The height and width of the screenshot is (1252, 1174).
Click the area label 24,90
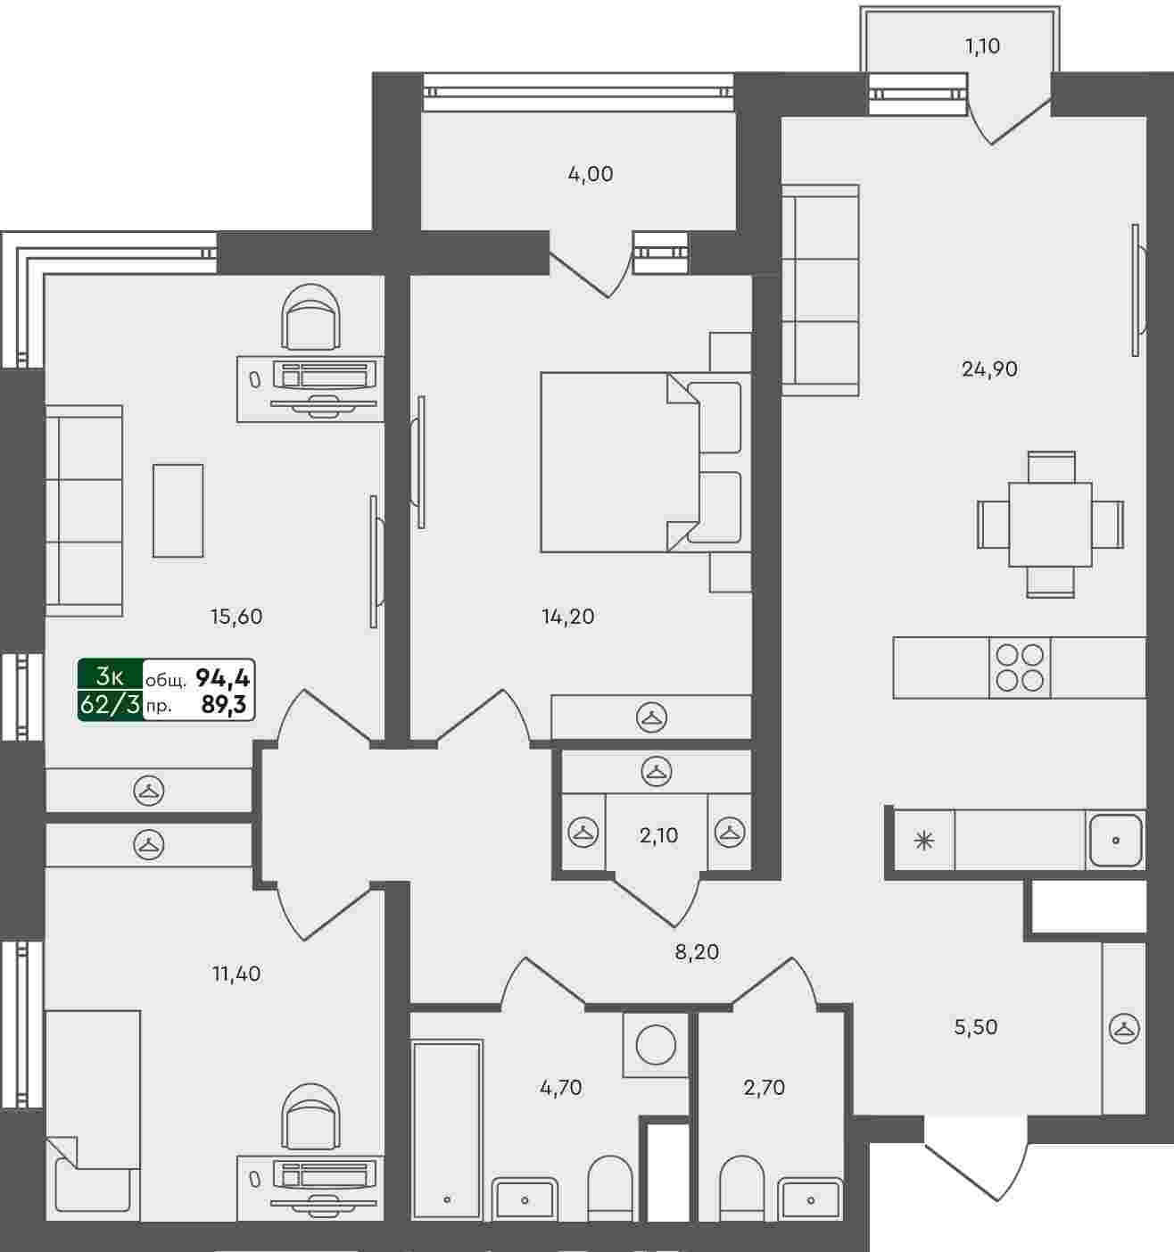(989, 369)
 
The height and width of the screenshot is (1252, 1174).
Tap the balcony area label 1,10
(982, 46)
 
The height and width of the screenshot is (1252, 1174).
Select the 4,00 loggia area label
(591, 174)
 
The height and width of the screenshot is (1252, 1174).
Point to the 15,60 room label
(236, 617)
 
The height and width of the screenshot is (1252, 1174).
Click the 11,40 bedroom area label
(236, 974)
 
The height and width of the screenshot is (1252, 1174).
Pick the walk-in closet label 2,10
(658, 835)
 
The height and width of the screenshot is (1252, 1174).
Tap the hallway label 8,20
(697, 952)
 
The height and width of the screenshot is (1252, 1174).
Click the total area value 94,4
(222, 678)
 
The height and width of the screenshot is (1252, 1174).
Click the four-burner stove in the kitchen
(1020, 667)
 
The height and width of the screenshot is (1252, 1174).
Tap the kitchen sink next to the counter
(1115, 841)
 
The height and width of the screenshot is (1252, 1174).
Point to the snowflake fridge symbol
(923, 841)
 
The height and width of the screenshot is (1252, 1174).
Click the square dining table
(1050, 525)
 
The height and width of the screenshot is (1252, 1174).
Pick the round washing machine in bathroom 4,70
(656, 1045)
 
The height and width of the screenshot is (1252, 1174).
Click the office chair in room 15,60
(310, 317)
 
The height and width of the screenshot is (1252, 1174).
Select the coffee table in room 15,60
(178, 510)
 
